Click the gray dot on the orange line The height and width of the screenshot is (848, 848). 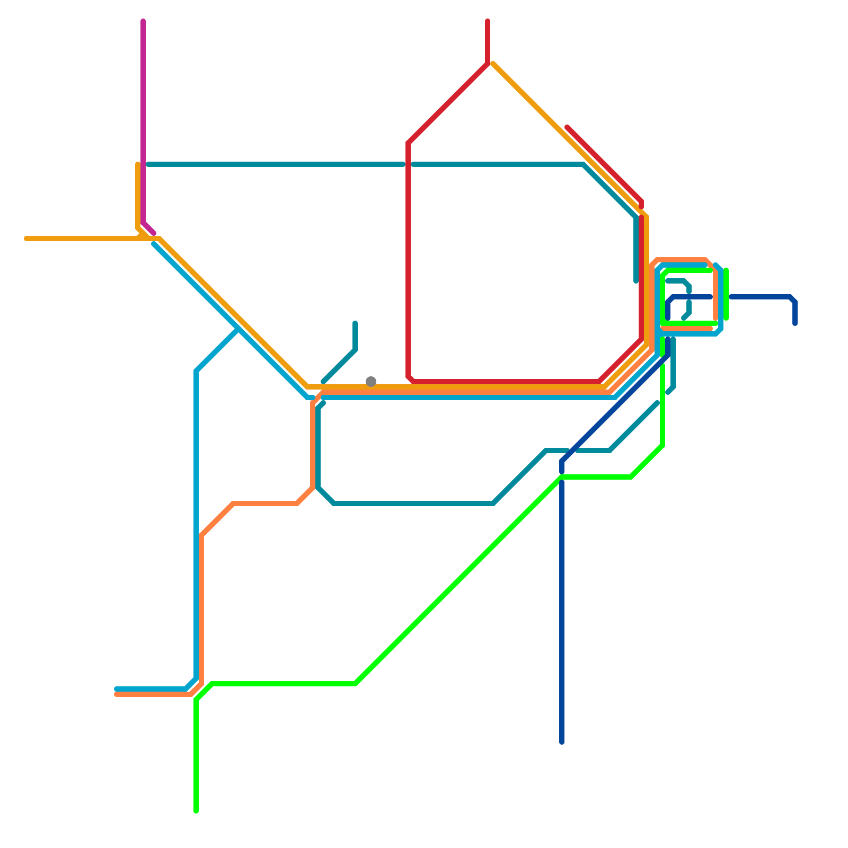point(371,382)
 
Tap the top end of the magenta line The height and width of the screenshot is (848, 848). point(143,21)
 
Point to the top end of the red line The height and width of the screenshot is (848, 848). point(488,21)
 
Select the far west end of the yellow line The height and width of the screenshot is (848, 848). point(26,238)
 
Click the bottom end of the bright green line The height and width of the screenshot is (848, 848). point(196,811)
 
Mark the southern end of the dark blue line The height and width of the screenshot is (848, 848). point(562,742)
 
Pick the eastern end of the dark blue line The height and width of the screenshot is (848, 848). point(795,324)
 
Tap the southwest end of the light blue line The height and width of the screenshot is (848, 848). point(117,689)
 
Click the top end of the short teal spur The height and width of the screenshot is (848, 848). point(355,323)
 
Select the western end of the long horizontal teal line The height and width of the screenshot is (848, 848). point(148,164)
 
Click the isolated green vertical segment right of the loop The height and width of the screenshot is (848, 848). point(726,294)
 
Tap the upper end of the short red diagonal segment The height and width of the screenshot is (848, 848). point(568,127)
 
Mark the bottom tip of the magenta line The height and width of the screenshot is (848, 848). point(154,233)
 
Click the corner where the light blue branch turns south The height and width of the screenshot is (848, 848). point(196,371)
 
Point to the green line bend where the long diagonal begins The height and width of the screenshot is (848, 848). point(355,684)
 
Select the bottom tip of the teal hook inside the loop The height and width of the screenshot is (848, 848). point(684,319)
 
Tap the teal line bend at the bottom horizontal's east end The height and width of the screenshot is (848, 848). point(493,503)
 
